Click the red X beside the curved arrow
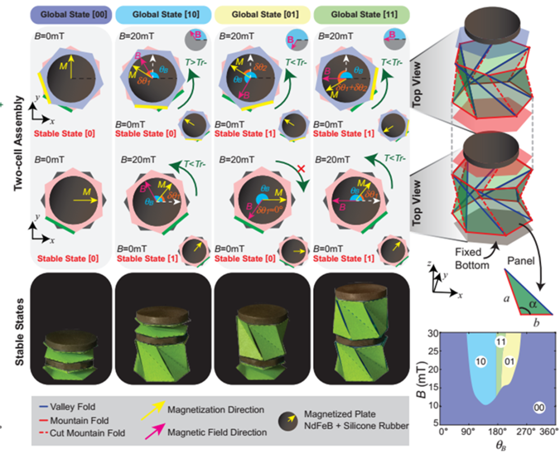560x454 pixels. coord(293,169)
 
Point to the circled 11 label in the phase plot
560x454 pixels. coord(500,342)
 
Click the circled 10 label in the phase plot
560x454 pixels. coord(480,362)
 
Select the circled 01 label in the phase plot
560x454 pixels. coord(510,361)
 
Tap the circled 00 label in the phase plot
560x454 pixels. coord(540,408)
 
